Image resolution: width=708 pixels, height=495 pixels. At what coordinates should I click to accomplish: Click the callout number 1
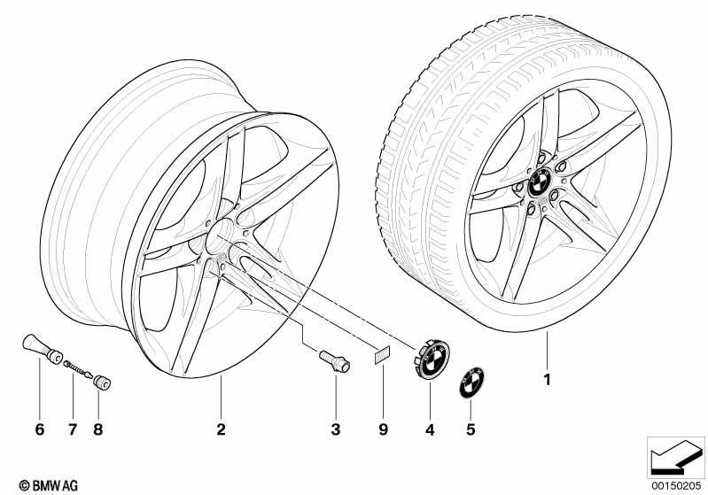(548, 380)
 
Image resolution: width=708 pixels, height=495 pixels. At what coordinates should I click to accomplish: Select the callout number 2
(221, 429)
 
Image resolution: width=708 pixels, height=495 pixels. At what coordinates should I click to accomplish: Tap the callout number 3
(336, 429)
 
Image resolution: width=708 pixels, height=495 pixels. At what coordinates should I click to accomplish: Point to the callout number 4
(430, 430)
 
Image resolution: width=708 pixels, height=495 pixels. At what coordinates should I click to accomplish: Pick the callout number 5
(471, 429)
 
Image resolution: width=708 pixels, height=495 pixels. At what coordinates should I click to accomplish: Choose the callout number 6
(40, 429)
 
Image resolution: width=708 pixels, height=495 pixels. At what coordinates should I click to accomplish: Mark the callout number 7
(73, 429)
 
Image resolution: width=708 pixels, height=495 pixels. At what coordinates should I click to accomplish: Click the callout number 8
(98, 429)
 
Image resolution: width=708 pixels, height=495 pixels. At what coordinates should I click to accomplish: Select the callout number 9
(383, 429)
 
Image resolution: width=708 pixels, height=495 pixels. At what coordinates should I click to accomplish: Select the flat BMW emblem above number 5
(471, 383)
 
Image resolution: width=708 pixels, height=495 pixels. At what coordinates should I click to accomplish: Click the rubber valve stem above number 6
(42, 349)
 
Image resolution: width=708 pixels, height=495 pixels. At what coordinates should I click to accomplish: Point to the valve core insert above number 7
(79, 368)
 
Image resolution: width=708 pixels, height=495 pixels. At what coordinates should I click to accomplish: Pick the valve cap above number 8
(102, 383)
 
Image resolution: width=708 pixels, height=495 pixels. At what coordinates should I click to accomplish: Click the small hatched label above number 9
(382, 356)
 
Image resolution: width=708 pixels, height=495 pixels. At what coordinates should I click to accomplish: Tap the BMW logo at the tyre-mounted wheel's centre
(539, 182)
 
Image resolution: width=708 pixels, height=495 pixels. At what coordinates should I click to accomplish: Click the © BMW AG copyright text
(49, 485)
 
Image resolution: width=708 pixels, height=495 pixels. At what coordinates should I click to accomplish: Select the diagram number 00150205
(676, 485)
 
